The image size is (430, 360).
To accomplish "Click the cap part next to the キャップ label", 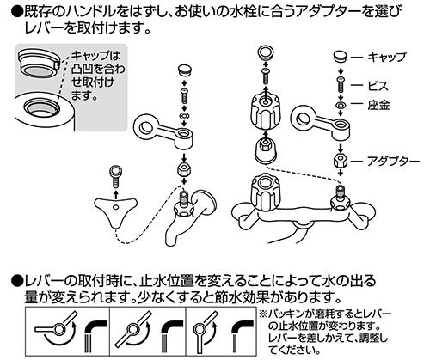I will pos(341,58).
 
